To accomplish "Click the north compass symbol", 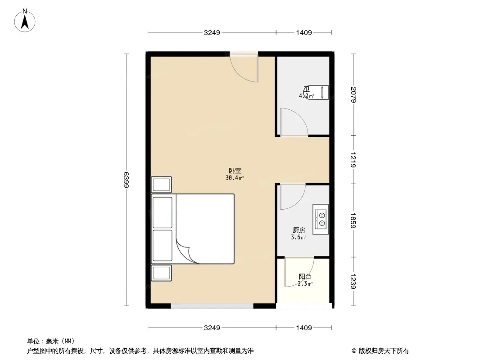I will pos(26,20).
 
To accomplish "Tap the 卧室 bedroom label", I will pos(235,171).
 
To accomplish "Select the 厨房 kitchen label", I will pos(299,230).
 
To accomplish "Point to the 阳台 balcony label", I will pos(305,277).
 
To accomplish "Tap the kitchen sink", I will pos(321,219).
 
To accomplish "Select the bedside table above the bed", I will pos(162,185).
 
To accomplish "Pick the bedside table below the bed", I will pos(162,273).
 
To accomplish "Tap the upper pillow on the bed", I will pos(163,212).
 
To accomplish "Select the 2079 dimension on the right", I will pos(354,94).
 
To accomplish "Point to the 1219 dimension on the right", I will pos(354,160).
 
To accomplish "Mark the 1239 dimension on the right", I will pos(354,282).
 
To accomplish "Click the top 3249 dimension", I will pos(212,32).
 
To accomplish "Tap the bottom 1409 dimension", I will pos(304,328).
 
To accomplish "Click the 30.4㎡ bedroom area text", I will pos(235,178).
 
